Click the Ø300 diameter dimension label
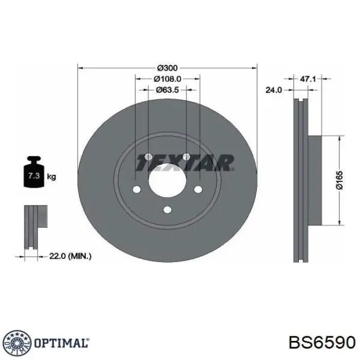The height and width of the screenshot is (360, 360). [167, 68]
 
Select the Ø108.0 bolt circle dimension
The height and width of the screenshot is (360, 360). [168, 79]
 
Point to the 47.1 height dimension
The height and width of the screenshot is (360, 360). [307, 79]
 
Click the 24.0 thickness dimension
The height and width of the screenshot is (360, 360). [273, 90]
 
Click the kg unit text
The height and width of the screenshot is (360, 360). [51, 177]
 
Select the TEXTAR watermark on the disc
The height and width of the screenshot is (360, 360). [184, 163]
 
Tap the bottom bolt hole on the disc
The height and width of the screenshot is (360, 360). [167, 209]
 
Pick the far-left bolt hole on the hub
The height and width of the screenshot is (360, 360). [136, 190]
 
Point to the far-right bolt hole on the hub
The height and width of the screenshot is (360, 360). [198, 190]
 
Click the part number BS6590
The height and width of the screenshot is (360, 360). [321, 343]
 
